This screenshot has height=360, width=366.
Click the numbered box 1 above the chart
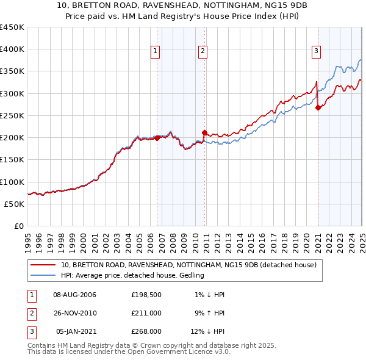pos(156,52)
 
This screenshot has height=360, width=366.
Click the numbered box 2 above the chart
pos(202,52)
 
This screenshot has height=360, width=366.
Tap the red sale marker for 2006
pos(157,138)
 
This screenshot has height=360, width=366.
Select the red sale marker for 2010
pos(204,132)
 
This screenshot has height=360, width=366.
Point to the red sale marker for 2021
pos(318,107)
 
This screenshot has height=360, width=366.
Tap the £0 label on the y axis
pos(18,226)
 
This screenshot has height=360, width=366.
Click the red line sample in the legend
pos(43,265)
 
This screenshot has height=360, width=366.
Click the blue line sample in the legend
pos(43,276)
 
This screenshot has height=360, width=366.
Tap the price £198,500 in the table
pos(146,295)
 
